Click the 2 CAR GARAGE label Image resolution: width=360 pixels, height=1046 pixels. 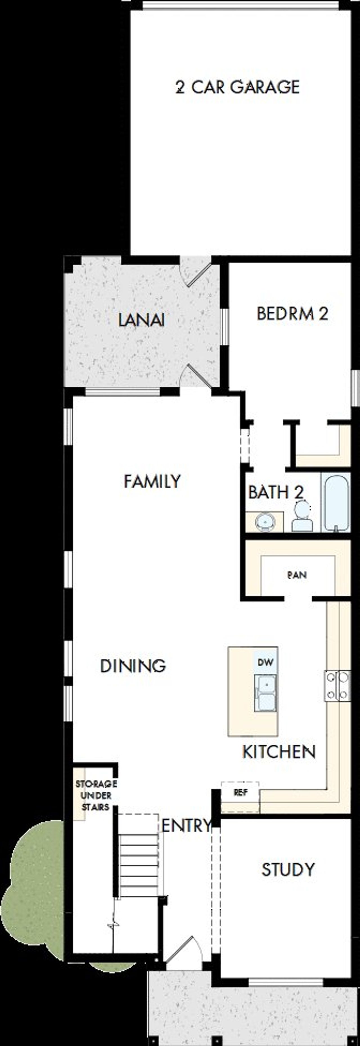click(237, 87)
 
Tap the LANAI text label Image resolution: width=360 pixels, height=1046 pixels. click(141, 320)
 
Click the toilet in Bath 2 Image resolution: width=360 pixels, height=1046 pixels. click(302, 517)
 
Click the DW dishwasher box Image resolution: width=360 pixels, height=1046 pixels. click(266, 662)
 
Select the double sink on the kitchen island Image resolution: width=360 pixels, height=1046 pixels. click(265, 693)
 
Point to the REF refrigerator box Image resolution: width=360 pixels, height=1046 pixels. click(240, 792)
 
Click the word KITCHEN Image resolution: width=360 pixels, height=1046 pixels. click(279, 752)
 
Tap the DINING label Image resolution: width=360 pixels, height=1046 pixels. click(133, 666)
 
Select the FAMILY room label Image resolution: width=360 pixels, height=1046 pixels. click(152, 482)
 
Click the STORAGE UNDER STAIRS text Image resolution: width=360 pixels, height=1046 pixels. click(96, 795)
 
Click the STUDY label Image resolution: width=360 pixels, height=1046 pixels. click(288, 870)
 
